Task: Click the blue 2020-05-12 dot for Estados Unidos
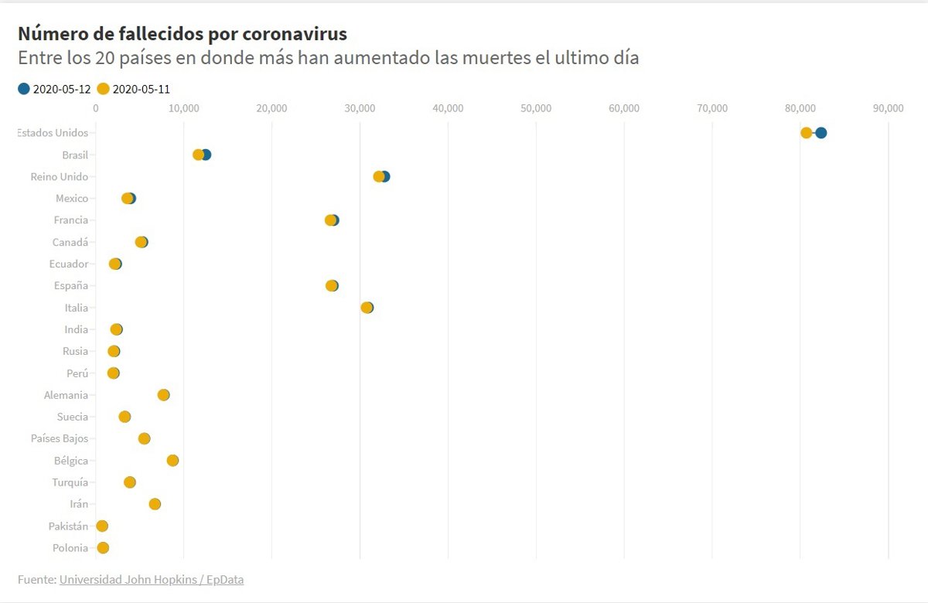coord(821,133)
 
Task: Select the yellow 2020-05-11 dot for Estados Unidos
coord(807,133)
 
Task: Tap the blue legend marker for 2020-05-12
coord(24,89)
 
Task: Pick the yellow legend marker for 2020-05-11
coord(104,89)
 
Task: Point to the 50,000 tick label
coord(536,108)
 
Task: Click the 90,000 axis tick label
coord(888,108)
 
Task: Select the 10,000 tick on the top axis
coord(183,108)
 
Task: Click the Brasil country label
coord(75,155)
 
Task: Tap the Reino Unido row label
coord(60,176)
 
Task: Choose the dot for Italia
coord(367,308)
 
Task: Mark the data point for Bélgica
coord(172,461)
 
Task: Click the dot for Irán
coord(155,504)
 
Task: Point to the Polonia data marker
coord(103,548)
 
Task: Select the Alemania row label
coord(66,395)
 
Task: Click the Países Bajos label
coord(60,438)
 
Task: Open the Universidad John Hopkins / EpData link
coord(152,579)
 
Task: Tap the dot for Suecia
coord(125,417)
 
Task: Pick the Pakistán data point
coord(102,526)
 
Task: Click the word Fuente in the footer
coord(36,579)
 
